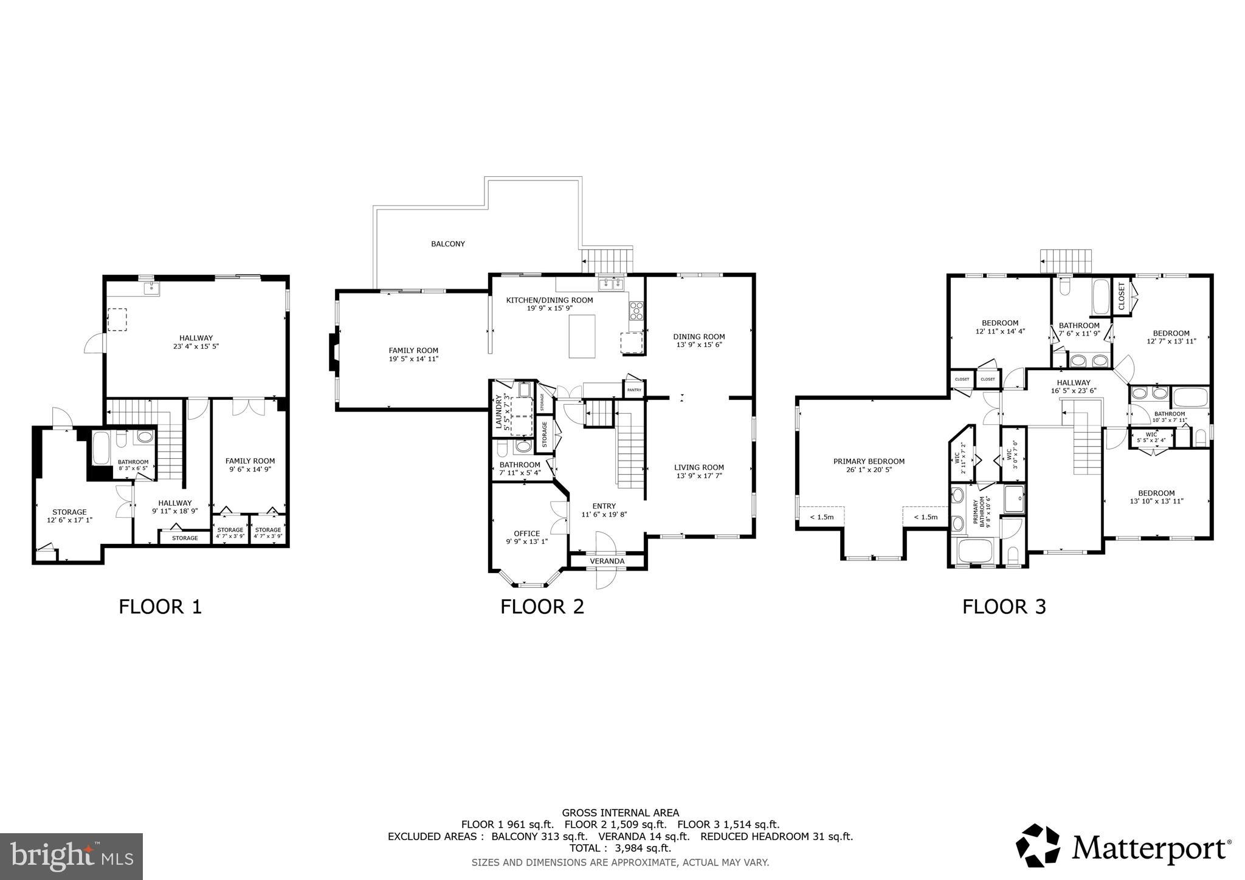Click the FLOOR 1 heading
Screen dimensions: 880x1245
click(160, 607)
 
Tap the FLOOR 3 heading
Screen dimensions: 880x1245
click(1004, 607)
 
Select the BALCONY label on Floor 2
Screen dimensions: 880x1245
click(448, 244)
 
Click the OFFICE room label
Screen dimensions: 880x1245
click(526, 534)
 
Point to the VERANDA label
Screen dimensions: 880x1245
click(607, 561)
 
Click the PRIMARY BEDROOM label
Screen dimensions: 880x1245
click(869, 461)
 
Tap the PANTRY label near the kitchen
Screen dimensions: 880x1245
click(634, 390)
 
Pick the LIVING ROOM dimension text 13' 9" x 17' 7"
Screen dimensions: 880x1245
click(699, 476)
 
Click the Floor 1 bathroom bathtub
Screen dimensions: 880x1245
click(101, 449)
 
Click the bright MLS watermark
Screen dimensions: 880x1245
click(71, 856)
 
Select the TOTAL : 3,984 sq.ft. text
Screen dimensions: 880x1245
click(620, 848)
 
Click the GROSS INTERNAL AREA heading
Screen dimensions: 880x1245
click(620, 813)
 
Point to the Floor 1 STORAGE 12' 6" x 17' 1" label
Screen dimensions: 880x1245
click(69, 516)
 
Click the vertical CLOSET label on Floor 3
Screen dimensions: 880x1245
click(1122, 295)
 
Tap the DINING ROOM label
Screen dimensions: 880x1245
click(699, 336)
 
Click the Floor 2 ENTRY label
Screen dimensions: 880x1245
click(604, 506)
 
